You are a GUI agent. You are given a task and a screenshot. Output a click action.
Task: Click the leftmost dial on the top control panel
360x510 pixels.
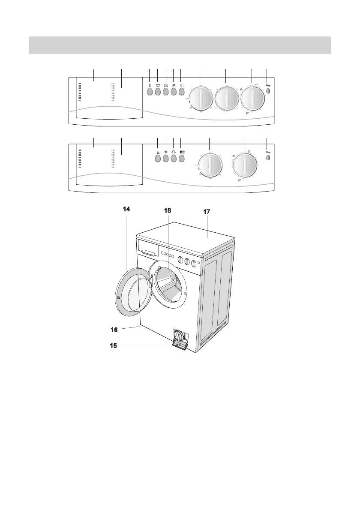[201, 99]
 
